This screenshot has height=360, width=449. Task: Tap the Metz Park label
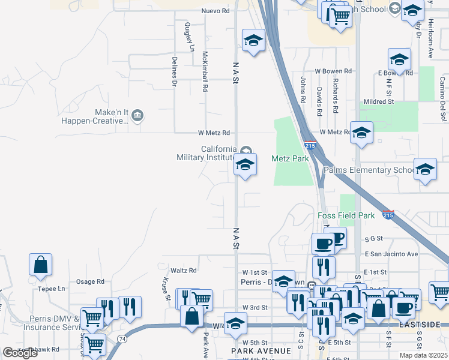tap(290, 158)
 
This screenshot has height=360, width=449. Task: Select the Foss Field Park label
tap(346, 215)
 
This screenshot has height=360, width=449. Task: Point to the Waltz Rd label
tap(184, 271)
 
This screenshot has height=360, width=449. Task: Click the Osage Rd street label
tap(90, 281)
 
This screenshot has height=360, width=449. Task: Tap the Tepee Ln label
tap(52, 289)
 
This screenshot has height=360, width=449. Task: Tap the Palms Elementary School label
tap(367, 170)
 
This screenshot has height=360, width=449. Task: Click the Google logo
tap(20, 353)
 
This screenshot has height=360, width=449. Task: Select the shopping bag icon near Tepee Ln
tap(40, 265)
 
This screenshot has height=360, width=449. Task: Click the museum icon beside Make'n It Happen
tap(137, 115)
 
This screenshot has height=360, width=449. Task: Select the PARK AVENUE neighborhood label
tap(262, 350)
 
